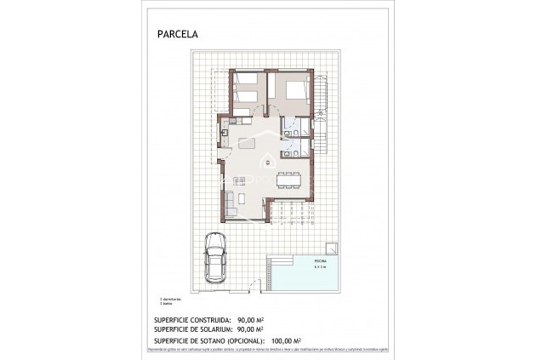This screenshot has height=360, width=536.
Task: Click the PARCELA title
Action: coord(177,35)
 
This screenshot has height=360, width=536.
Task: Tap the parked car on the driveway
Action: coord(215,260)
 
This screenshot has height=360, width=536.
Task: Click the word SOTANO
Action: coord(219,340)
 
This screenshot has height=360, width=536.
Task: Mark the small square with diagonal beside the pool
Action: coord(337,249)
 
